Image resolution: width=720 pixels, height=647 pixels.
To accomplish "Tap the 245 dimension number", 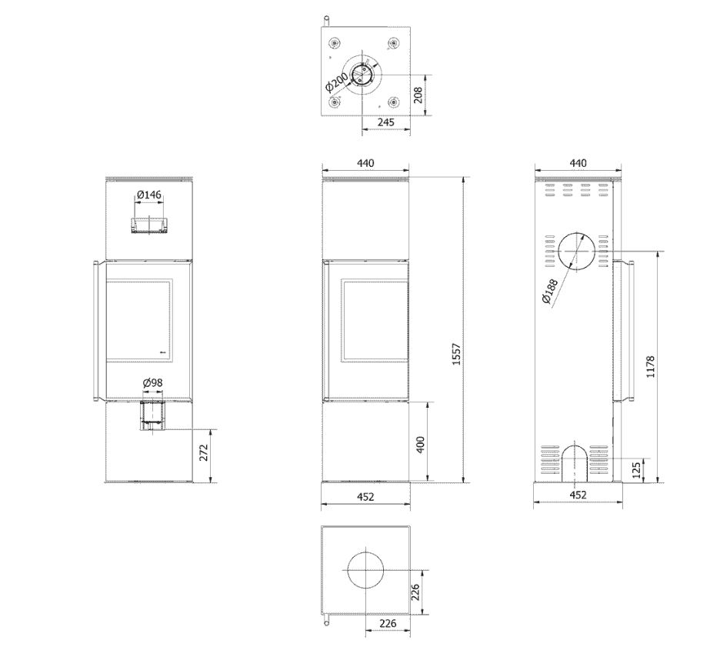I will [x=385, y=122].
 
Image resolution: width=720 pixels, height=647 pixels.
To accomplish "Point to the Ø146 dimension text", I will [x=149, y=195].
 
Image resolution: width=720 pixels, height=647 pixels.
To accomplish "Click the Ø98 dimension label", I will [x=152, y=382].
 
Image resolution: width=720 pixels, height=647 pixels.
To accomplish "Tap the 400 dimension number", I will [x=420, y=444].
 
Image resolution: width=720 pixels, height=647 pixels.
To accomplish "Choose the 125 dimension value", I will [x=635, y=470].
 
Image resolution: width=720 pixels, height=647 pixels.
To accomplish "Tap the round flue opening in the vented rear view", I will [x=576, y=252].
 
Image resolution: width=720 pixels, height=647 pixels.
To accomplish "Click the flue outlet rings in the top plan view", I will [x=362, y=75].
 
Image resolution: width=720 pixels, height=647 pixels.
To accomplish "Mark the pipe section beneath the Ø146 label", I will [x=149, y=225].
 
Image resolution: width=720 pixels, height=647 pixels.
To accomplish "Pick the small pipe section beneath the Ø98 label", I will [x=152, y=415].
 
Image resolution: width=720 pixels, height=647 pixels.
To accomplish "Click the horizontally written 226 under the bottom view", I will [x=388, y=624].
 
